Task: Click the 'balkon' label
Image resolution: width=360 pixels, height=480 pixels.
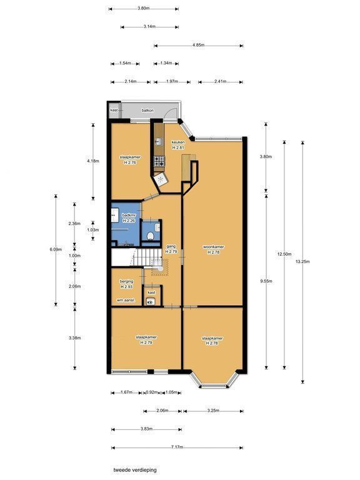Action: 147,110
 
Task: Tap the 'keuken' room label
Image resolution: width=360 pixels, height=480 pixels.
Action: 178,142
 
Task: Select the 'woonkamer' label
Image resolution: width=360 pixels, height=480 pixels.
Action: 213,247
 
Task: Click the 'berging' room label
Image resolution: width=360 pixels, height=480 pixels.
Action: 126,281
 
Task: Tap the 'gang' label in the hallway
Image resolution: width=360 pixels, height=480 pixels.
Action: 171,246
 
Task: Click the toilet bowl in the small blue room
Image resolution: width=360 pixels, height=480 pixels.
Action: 150,236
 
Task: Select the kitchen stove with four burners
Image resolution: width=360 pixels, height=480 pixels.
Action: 159,161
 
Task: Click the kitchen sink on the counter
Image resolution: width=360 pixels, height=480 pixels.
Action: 159,141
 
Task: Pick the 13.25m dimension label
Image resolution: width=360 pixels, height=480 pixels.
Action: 302,261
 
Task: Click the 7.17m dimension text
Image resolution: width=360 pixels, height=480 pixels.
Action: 177,447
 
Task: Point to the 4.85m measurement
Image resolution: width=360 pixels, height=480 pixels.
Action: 198,45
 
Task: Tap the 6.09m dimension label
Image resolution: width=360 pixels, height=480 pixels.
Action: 56,249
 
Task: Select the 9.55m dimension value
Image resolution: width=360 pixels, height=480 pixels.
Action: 266,281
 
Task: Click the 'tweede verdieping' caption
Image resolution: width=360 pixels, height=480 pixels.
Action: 135,470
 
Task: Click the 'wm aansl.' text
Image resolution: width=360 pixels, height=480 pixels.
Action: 126,300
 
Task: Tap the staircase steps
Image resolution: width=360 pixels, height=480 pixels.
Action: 148,257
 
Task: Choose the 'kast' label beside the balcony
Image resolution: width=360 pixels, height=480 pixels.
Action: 114,110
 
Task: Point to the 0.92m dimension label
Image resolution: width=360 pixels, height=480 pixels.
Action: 152,392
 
